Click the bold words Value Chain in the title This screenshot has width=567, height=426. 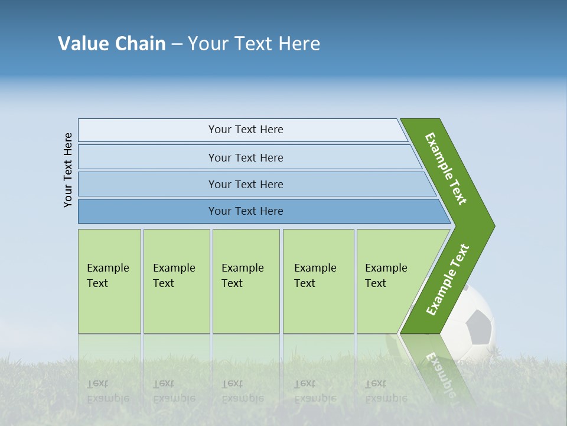(112, 44)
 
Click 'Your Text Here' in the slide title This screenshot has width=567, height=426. (254, 44)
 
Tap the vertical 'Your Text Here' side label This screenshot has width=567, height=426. (68, 170)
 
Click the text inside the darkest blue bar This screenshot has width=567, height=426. (246, 211)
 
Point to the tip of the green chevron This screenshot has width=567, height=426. (490, 226)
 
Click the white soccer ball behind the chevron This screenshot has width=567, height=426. (472, 308)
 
